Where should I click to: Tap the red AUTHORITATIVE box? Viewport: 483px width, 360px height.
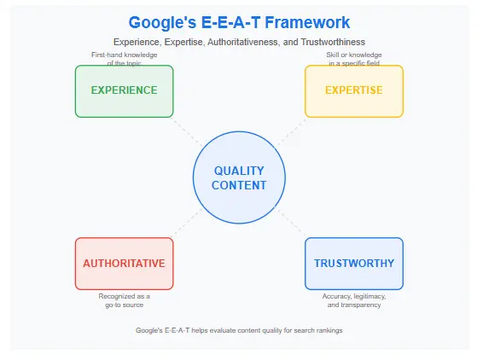tap(124, 264)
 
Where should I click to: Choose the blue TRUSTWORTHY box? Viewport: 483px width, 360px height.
tap(354, 264)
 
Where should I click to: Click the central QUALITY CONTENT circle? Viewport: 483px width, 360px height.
tap(239, 177)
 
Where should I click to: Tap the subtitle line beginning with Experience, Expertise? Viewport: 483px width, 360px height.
tap(239, 42)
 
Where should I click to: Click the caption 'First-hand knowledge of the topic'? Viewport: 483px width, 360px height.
tap(125, 59)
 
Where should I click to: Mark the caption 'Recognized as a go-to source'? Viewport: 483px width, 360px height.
tap(125, 299)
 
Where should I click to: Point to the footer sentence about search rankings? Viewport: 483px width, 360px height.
tap(239, 330)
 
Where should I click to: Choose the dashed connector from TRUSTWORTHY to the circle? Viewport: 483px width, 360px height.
tap(293, 224)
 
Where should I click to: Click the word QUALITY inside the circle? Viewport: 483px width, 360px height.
tap(239, 171)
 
